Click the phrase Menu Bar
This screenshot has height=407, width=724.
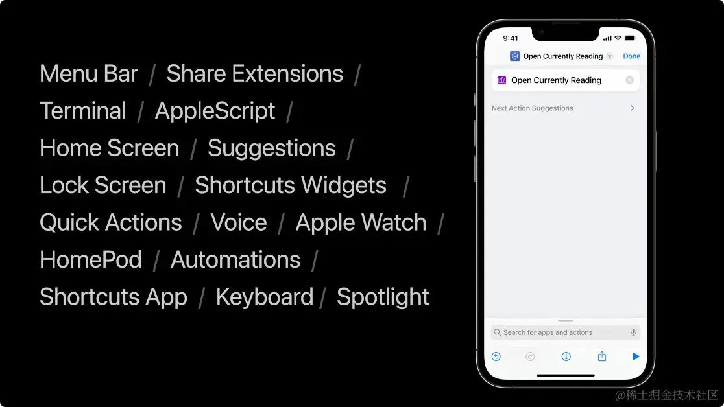89,74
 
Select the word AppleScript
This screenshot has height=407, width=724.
215,111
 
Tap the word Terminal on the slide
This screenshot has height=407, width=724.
83,111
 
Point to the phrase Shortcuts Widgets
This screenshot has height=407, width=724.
291,185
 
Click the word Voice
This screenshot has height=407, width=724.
239,222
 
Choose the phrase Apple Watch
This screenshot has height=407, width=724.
361,222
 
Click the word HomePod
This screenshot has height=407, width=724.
91,260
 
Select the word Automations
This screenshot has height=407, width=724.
235,260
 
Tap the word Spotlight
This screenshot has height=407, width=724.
383,297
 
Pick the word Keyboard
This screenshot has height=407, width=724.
265,297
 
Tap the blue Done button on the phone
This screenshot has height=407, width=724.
631,56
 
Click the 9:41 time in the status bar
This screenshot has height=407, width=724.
511,38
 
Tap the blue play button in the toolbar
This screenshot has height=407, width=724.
636,356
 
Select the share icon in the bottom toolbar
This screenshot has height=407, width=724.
601,356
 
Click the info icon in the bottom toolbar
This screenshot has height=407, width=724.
566,356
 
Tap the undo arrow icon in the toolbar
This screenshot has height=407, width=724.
496,356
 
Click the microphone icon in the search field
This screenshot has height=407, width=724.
633,332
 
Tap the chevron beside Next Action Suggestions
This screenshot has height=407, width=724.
633,108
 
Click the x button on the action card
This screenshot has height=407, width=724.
629,80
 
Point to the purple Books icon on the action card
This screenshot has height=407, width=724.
501,80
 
